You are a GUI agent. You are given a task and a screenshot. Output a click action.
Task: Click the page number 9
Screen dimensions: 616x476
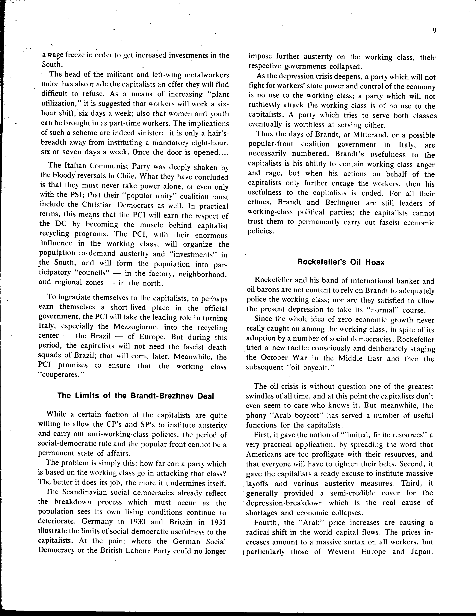click(434, 31)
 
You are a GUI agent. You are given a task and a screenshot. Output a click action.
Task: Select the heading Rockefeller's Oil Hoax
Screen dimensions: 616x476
click(341, 262)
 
